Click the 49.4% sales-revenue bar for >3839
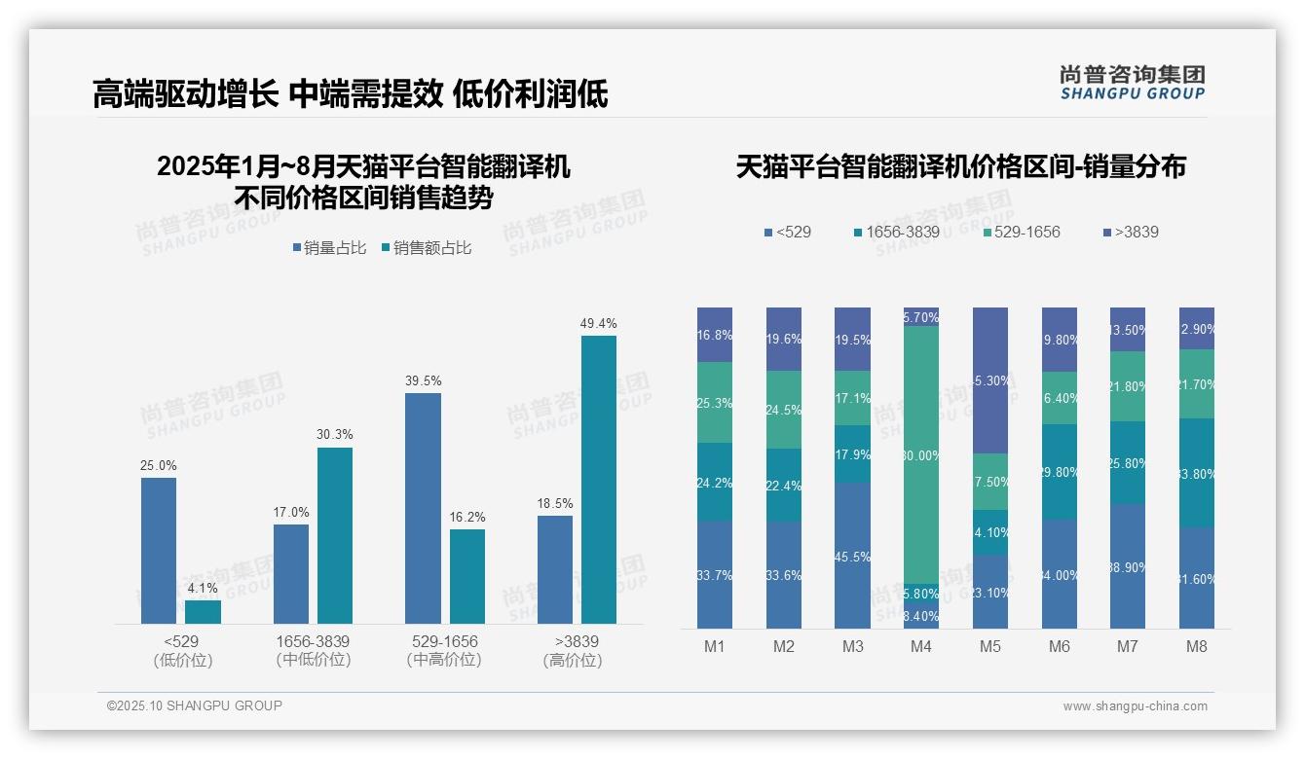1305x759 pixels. coord(599,479)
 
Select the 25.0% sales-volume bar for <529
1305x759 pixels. coord(159,550)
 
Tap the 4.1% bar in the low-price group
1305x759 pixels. coord(203,611)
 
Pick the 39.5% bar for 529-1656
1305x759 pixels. coord(423,508)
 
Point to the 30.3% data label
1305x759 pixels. coord(335,434)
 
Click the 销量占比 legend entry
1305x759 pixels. coord(329,248)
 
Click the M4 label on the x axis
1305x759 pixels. coord(921,646)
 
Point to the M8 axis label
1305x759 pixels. coord(1197,646)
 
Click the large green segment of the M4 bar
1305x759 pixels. coord(921,454)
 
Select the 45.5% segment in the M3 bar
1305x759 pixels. coord(852,556)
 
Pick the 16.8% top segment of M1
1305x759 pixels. coord(715,335)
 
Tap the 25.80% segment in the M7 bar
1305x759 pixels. coord(1128,462)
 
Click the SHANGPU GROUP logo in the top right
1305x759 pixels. coord(1132,82)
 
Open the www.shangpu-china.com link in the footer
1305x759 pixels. coord(1135,706)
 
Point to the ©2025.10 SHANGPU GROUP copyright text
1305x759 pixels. coord(195,705)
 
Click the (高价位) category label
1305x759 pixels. coord(573,661)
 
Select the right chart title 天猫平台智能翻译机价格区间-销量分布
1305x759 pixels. coord(960,166)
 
